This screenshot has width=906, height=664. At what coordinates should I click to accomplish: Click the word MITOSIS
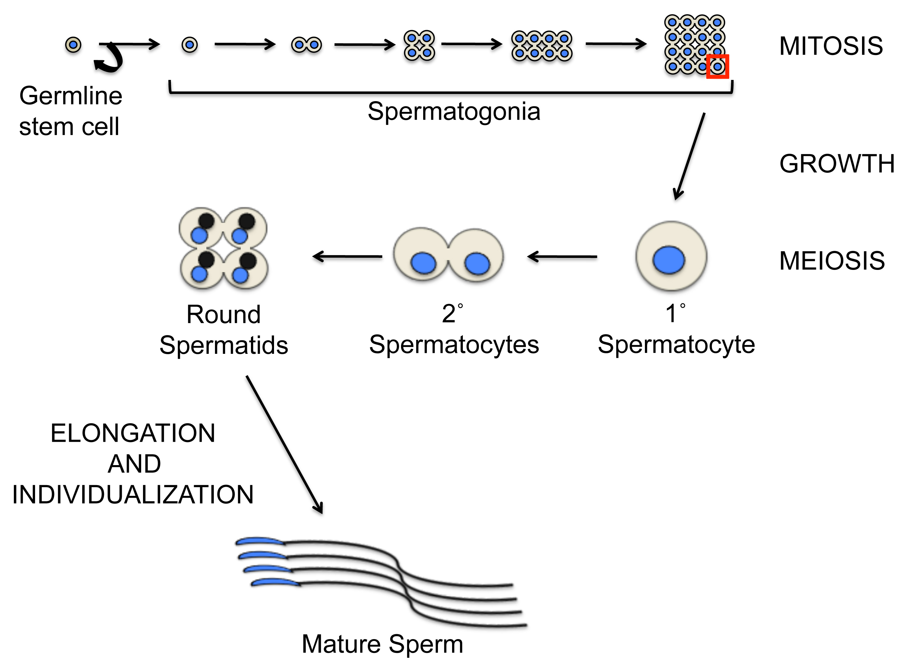pyautogui.click(x=831, y=46)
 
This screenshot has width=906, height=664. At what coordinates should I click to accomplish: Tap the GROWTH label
pyautogui.click(x=837, y=164)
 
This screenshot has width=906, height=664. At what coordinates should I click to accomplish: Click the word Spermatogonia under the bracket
pyautogui.click(x=454, y=112)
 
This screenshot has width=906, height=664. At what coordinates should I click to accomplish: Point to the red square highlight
pyautogui.click(x=717, y=67)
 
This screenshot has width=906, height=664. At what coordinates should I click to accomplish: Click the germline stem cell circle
pyautogui.click(x=73, y=45)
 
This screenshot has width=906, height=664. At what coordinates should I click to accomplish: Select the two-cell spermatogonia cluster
pyautogui.click(x=306, y=45)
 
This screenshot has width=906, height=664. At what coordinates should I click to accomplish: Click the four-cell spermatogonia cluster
pyautogui.click(x=419, y=45)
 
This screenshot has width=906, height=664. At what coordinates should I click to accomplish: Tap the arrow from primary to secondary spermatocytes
pyautogui.click(x=562, y=256)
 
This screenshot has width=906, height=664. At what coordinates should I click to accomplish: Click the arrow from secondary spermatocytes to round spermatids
pyautogui.click(x=348, y=256)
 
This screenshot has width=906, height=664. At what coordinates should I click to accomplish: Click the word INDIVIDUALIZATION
pyautogui.click(x=133, y=494)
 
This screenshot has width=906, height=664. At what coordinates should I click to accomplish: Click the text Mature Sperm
pyautogui.click(x=383, y=644)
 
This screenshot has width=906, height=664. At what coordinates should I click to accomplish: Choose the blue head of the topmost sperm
pyautogui.click(x=260, y=541)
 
